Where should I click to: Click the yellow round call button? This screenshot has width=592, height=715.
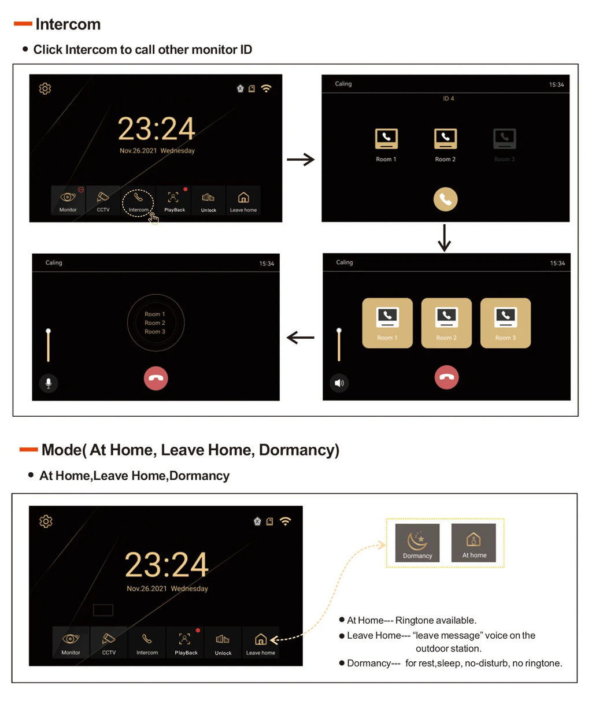[445, 199]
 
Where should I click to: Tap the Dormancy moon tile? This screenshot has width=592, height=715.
[417, 543]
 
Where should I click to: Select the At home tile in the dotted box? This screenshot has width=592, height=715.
[473, 543]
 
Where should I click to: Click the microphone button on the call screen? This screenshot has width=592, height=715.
[49, 383]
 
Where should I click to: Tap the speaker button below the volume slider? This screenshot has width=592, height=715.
[339, 383]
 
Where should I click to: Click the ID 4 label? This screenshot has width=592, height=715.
[449, 99]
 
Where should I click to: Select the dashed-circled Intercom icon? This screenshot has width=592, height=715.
[138, 202]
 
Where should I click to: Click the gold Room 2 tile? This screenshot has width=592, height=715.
[446, 323]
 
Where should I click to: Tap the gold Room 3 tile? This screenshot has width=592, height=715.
[505, 323]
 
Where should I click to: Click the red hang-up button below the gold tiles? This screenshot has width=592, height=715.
[446, 377]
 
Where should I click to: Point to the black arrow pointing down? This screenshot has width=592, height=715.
[444, 238]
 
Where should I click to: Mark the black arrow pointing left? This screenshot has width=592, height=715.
[301, 338]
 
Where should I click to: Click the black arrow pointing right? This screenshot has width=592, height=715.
[301, 160]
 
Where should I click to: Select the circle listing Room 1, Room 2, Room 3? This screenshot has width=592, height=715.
[156, 323]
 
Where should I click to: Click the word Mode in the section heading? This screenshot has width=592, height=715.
[61, 450]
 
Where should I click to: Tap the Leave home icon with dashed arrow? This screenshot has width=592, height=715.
[261, 642]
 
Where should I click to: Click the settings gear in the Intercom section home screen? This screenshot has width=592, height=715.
[45, 88]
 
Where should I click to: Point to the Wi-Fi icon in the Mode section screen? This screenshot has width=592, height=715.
[285, 521]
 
